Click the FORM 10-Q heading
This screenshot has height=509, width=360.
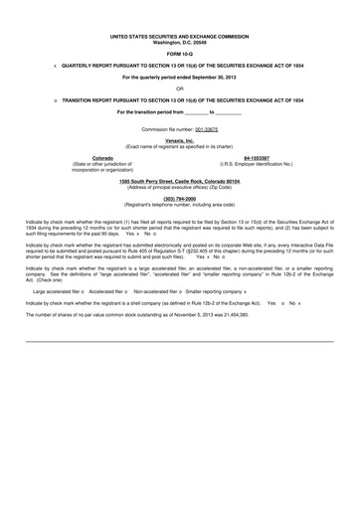coord(179,54)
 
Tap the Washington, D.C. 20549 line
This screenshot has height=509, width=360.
coord(179,42)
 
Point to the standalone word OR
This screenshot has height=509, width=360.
coord(179,88)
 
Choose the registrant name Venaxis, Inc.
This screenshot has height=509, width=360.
coord(179,141)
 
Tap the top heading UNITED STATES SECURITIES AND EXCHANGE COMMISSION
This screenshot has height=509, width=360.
coord(179,36)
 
